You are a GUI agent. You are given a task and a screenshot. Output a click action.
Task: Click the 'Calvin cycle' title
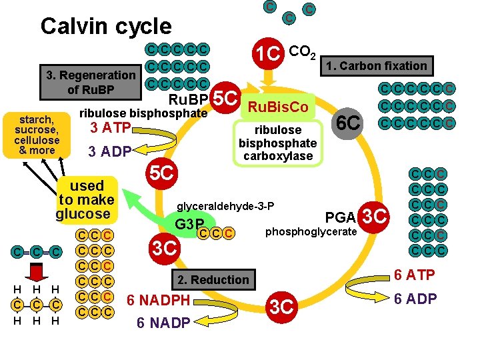point(106,26)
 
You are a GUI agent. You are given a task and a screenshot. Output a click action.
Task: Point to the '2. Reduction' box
point(213,279)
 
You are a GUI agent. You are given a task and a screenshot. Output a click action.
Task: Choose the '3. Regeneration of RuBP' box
point(91,83)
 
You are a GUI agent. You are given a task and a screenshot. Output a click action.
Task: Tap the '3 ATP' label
point(109,127)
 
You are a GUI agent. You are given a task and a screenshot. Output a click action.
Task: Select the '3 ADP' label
point(110,151)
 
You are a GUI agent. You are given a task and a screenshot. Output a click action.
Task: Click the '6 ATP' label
point(413,275)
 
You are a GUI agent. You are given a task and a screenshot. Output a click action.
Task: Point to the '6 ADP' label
point(414,299)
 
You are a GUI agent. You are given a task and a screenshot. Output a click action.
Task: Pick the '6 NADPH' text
point(159,301)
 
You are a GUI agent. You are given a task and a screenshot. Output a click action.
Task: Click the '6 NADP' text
point(163,323)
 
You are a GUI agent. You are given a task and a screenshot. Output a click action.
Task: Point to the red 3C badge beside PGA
point(374,217)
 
